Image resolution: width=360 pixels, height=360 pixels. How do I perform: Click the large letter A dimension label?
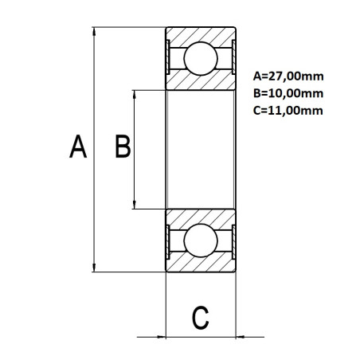77,148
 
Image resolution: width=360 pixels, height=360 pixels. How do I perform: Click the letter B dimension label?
123,147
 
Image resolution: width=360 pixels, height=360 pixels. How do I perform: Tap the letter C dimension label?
202,318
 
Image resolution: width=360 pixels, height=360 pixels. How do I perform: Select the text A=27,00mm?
288,77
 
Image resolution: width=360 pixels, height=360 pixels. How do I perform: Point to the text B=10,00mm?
288,94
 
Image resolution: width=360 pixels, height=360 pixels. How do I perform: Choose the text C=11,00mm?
288,111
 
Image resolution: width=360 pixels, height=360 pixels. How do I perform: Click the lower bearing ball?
201,240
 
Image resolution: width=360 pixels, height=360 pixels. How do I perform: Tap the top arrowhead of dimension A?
95,33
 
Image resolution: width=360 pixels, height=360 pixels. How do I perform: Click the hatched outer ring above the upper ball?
201,34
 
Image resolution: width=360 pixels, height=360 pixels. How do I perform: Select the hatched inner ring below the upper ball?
201,81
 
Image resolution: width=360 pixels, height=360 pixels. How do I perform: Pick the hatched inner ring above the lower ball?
201,217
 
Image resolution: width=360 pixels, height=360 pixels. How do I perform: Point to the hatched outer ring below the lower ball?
201,264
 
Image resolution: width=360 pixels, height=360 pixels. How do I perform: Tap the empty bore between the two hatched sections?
201,149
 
